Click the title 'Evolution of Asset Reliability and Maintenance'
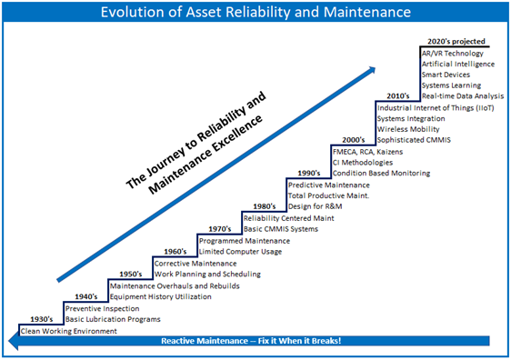pos(255,14)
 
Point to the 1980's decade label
pos(264,206)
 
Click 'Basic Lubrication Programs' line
pos(113,319)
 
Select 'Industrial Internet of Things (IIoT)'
pos(433,107)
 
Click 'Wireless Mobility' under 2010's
pos(407,130)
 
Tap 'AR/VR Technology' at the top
pos(453,54)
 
